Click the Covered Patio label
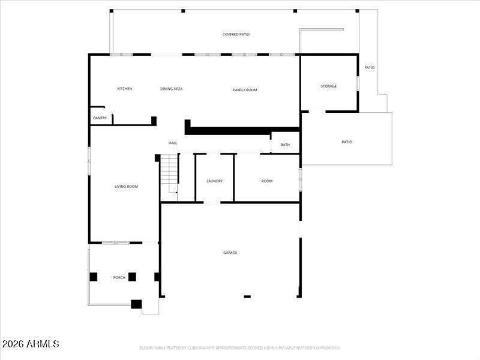236,35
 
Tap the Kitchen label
124,89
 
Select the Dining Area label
171,89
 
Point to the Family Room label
245,90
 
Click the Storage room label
328,86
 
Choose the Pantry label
100,118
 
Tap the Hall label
173,143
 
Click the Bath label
285,145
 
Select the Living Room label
126,187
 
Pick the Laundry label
215,181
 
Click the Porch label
119,277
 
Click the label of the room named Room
267,181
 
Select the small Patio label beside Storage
370,67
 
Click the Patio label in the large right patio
347,142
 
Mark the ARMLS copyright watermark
31,344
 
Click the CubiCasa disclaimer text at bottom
240,348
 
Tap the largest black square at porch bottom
136,304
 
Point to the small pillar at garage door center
247,296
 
